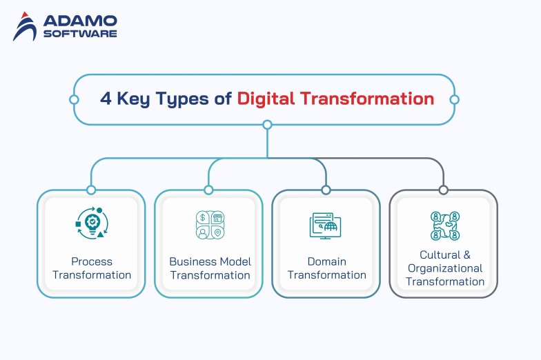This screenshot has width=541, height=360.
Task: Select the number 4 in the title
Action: click(105, 99)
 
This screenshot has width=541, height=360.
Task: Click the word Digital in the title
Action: click(266, 99)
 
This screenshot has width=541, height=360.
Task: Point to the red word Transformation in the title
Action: click(367, 99)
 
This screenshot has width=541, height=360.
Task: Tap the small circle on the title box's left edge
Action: click(74, 99)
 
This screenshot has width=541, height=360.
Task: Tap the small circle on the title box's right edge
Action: click(454, 99)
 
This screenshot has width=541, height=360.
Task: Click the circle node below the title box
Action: click(267, 126)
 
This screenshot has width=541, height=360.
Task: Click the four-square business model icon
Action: click(210, 224)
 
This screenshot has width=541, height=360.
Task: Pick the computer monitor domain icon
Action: click(325, 226)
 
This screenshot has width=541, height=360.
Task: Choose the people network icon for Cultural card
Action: click(444, 226)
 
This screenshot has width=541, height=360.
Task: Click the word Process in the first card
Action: click(91, 261)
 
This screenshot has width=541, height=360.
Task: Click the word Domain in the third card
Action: click(326, 261)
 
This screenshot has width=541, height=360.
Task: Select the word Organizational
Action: click(445, 268)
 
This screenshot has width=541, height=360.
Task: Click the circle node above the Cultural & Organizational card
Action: click(443, 190)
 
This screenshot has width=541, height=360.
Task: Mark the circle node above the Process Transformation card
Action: click(91, 190)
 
